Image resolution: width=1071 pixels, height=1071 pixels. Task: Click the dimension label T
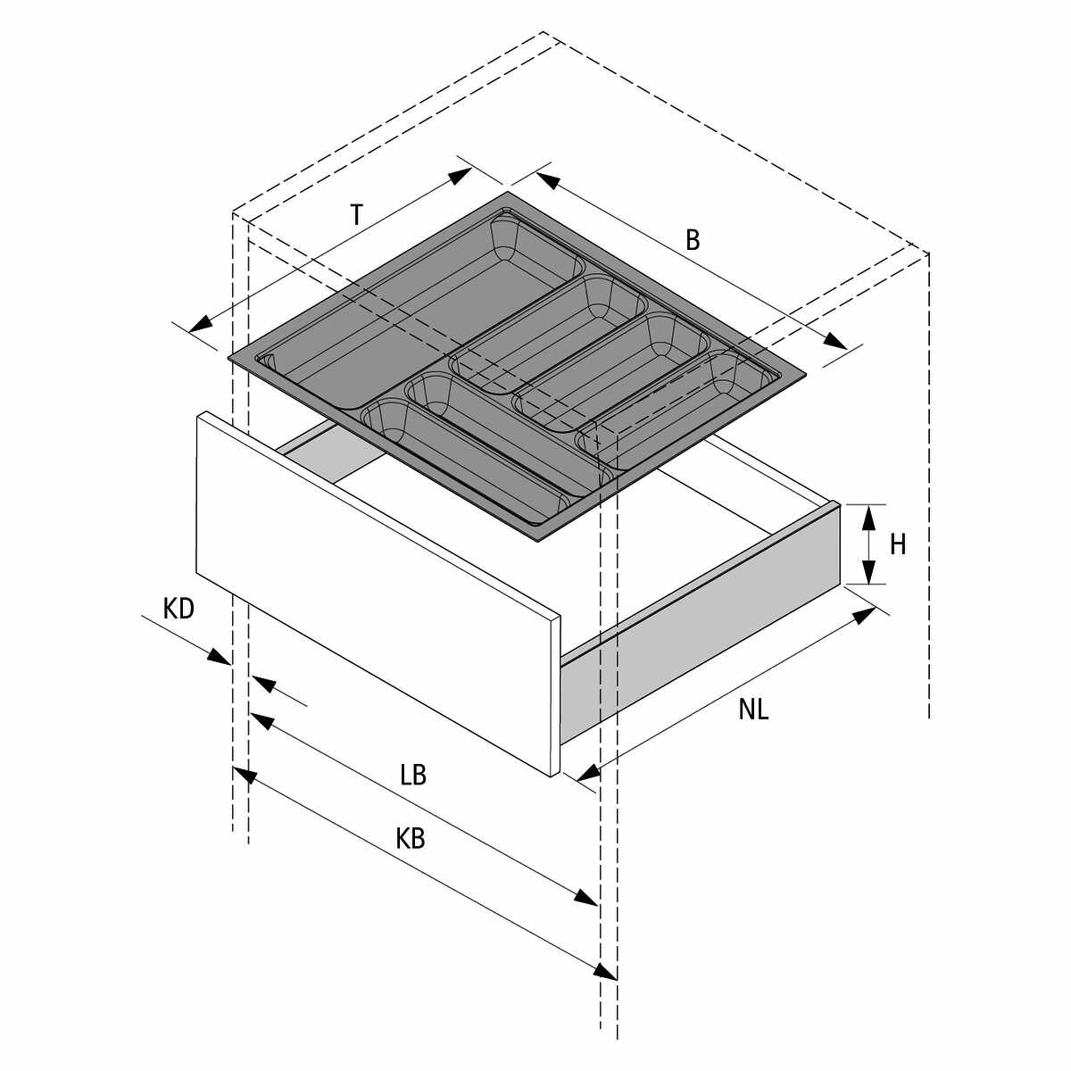[x=357, y=216]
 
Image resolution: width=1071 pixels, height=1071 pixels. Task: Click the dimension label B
[x=693, y=240]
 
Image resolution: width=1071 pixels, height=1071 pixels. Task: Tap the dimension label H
[x=898, y=544]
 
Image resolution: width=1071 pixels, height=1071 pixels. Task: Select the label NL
[x=753, y=710]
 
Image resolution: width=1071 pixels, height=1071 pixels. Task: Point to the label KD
[x=178, y=609]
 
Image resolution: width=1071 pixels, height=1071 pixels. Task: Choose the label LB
[x=413, y=775]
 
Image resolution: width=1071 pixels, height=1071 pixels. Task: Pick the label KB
[x=411, y=839]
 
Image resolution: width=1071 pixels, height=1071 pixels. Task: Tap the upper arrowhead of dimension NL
[x=864, y=617]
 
